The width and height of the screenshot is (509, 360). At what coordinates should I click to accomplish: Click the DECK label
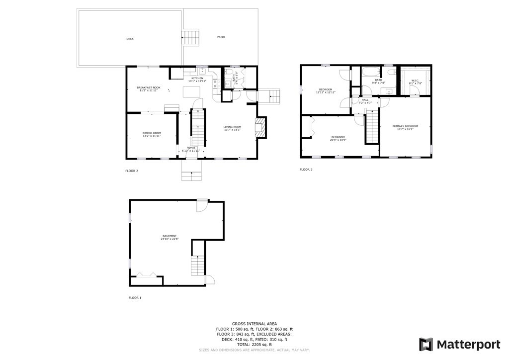[130, 39]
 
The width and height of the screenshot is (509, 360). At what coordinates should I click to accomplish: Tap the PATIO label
[221, 37]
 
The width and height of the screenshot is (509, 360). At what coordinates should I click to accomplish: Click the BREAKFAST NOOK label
[148, 88]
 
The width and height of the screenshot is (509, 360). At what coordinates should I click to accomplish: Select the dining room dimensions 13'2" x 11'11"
[152, 136]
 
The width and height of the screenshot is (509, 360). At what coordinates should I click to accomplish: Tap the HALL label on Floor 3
[365, 99]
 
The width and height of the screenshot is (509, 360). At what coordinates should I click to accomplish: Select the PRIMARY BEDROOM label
[405, 126]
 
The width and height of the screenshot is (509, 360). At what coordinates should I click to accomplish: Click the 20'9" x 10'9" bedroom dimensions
[339, 140]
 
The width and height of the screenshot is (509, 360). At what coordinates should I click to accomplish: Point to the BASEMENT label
[170, 236]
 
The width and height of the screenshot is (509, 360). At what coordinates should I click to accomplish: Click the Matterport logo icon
[426, 344]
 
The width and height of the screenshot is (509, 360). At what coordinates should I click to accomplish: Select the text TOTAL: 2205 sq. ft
[254, 344]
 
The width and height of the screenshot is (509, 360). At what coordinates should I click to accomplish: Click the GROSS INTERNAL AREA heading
[254, 324]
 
